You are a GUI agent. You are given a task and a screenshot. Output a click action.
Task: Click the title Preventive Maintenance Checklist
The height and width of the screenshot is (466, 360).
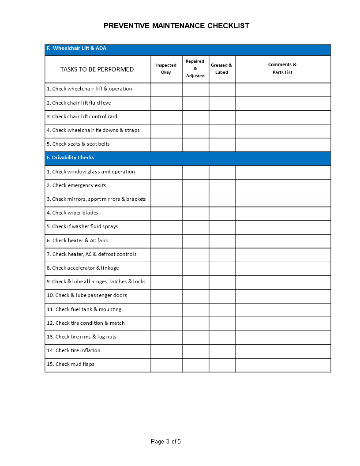(176, 26)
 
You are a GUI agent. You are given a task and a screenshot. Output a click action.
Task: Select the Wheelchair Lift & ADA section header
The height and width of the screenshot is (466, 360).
(76, 49)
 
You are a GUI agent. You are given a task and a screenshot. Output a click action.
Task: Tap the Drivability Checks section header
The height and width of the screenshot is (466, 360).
(70, 158)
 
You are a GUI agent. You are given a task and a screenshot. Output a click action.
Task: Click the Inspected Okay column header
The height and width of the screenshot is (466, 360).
(166, 69)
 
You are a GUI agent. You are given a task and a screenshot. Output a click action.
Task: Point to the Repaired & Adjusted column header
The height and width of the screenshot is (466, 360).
(195, 69)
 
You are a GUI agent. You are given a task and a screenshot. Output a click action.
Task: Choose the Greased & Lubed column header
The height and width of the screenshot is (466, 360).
(222, 69)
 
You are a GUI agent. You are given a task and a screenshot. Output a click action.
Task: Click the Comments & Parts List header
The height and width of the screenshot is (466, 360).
(282, 69)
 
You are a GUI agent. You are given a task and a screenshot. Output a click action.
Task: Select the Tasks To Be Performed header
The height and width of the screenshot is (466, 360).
(97, 69)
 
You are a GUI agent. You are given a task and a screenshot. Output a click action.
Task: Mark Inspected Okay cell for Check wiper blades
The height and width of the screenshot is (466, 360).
(166, 213)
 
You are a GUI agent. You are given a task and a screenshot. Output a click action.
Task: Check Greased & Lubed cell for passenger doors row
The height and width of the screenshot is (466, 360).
(222, 296)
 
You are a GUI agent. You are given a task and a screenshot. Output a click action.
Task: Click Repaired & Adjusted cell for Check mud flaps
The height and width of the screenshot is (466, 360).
(195, 365)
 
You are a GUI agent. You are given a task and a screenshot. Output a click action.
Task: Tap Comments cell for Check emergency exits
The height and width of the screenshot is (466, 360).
(282, 186)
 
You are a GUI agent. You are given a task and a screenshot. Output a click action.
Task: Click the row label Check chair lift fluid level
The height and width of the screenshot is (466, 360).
(79, 103)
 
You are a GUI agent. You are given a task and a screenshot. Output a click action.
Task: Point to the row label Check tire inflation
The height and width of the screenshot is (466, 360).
(74, 351)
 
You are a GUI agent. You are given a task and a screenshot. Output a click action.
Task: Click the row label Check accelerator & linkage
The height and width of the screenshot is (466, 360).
(83, 268)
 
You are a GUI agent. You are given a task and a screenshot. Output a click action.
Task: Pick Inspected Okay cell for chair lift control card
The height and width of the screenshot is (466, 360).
(166, 117)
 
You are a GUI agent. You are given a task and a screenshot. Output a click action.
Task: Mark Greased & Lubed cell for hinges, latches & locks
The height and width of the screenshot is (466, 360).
(222, 282)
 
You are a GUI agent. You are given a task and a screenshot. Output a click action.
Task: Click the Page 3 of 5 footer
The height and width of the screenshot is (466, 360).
(166, 442)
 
